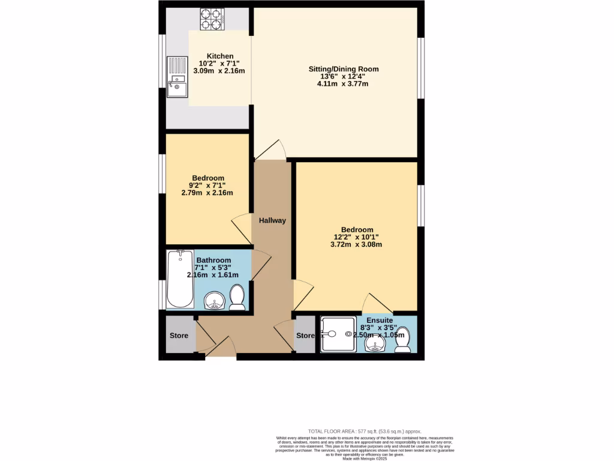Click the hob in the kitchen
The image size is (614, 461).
click(x=211, y=19)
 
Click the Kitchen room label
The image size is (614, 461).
click(x=219, y=56)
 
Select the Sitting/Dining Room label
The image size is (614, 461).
click(x=344, y=69)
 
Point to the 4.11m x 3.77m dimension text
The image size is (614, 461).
click(x=342, y=84)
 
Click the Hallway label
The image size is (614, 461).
click(x=272, y=220)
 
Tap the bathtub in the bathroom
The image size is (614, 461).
click(x=180, y=279)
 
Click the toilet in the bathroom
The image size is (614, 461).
click(x=237, y=297)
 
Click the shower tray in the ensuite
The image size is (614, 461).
click(x=338, y=334)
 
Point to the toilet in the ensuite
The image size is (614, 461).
click(x=404, y=339)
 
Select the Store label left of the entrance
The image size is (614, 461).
click(x=179, y=336)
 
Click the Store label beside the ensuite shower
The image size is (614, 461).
click(x=305, y=336)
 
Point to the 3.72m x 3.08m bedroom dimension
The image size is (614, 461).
click(x=357, y=244)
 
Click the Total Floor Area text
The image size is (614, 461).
click(x=365, y=431)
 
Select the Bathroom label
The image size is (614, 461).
click(x=213, y=260)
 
